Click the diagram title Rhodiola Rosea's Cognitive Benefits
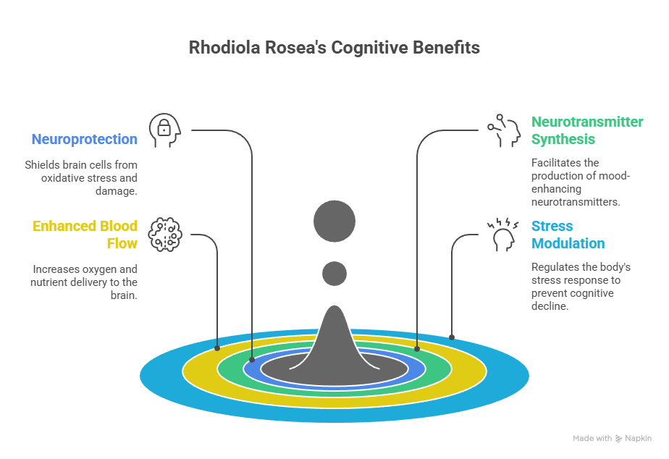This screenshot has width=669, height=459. [x=334, y=49]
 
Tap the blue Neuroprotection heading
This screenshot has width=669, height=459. [x=84, y=139]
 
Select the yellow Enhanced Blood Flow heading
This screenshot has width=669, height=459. [x=85, y=235]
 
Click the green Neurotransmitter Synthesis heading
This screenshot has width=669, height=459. [x=587, y=130]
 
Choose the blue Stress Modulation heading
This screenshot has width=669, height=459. [x=568, y=235]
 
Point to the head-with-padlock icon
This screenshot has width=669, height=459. [x=164, y=130]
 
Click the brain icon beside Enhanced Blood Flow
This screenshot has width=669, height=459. [x=164, y=234]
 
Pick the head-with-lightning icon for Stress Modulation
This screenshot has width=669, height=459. [x=503, y=235]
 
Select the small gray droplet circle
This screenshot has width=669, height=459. [x=334, y=274]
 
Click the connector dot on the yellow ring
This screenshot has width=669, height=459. [x=217, y=348]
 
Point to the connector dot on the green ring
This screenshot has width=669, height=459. [x=417, y=348]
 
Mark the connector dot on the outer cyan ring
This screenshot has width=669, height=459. [x=452, y=337]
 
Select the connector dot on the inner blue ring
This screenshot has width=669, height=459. [x=252, y=359]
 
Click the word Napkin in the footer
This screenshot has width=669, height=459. [x=639, y=439]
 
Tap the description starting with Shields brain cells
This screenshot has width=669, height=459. [x=81, y=177]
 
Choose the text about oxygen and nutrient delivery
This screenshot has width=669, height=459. [x=85, y=282]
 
